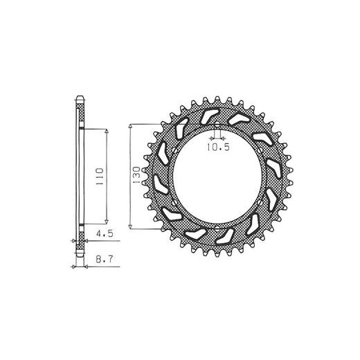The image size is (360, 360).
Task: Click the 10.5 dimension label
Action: click(x=218, y=147)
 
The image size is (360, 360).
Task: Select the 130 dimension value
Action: click(x=136, y=175)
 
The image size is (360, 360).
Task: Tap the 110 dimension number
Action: click(x=100, y=177)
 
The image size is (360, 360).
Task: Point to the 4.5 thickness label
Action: click(x=105, y=234)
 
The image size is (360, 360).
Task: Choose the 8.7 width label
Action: click(x=105, y=259)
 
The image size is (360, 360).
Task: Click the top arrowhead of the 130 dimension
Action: click(x=130, y=127)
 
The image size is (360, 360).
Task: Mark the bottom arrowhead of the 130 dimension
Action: click(x=130, y=226)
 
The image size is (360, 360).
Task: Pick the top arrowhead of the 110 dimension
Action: click(x=107, y=132)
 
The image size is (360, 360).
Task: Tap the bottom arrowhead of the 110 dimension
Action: click(x=107, y=222)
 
